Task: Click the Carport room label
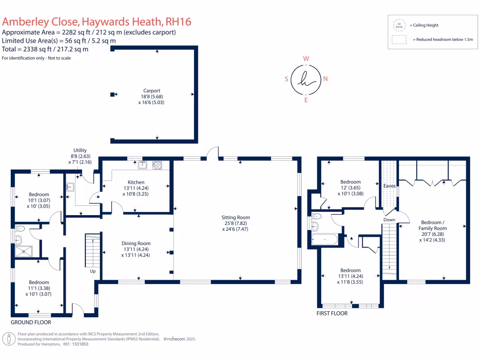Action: click(152, 91)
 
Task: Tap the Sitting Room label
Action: click(236, 217)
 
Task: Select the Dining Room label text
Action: click(136, 243)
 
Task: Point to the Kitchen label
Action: click(136, 182)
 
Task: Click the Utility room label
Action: click(80, 150)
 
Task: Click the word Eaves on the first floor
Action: click(389, 186)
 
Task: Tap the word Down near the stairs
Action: click(389, 219)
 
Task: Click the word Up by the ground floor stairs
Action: click(93, 271)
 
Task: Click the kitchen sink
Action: click(142, 165)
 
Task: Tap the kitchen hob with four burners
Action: click(157, 165)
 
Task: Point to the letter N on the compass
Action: click(325, 79)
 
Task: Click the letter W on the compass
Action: click(306, 59)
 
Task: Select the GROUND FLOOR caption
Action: click(31, 322)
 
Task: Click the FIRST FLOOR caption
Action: click(333, 314)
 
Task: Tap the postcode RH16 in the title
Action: click(179, 22)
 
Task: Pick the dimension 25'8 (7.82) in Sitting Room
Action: click(236, 223)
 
